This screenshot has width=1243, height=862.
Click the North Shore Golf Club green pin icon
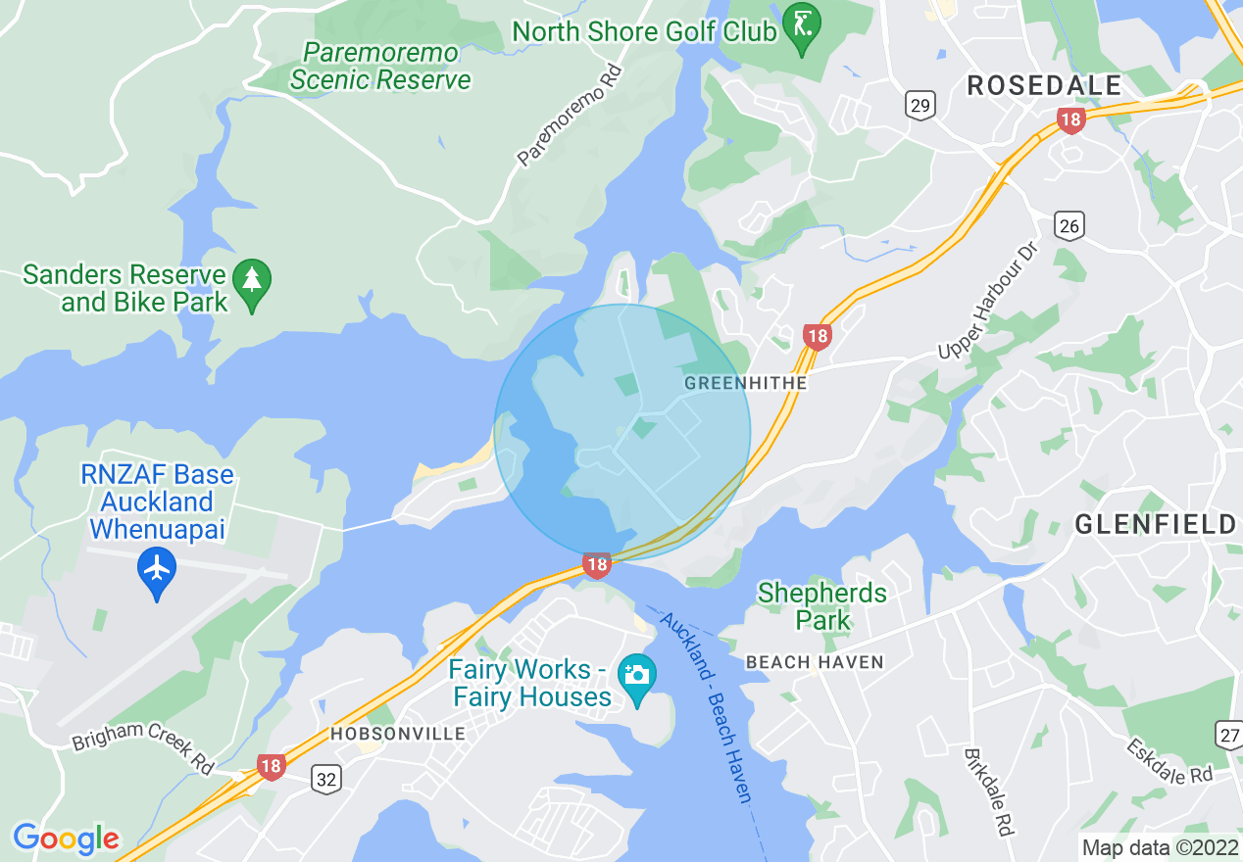[x=802, y=27]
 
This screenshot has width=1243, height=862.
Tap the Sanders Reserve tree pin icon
[x=253, y=285]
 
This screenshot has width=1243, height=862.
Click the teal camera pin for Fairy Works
[x=637, y=678]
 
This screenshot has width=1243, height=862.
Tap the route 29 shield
[x=920, y=106]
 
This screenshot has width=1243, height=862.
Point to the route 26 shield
[x=1069, y=226]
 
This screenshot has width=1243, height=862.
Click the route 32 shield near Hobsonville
[x=326, y=779]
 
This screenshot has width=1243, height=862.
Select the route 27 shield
[x=1229, y=735]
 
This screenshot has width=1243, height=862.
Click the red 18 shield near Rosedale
[x=1070, y=121]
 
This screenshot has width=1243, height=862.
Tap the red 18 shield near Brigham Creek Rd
[x=272, y=767]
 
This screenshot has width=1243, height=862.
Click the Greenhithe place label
[x=745, y=383]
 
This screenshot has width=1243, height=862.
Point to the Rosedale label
[x=1044, y=85]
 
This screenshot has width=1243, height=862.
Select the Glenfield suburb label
[x=1156, y=524]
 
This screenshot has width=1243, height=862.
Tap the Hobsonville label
[x=397, y=734]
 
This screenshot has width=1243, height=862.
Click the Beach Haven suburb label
[x=815, y=662]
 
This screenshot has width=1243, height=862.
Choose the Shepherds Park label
[x=821, y=606]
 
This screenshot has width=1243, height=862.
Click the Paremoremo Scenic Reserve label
[x=381, y=66]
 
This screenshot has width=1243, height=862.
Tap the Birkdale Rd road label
[x=987, y=791]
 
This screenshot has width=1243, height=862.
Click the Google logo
[x=66, y=838]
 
